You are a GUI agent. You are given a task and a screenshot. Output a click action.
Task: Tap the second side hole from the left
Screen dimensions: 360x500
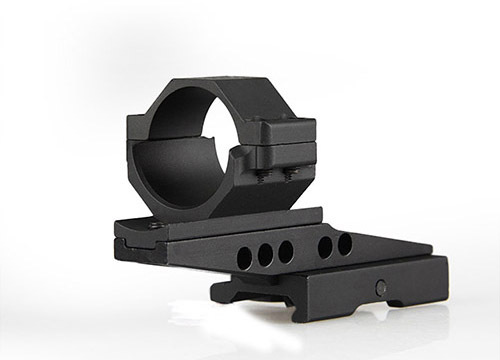(266, 253)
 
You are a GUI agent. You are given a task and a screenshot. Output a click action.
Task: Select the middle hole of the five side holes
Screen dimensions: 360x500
(286, 249)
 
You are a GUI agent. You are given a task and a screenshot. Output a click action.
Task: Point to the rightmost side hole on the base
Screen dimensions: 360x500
(345, 243)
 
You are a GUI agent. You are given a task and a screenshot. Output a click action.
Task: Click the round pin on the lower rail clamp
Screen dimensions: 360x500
(381, 287)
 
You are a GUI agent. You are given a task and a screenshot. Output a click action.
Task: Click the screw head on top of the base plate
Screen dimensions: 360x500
(157, 226)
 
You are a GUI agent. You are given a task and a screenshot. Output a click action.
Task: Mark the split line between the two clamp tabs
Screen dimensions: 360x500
(285, 148)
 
